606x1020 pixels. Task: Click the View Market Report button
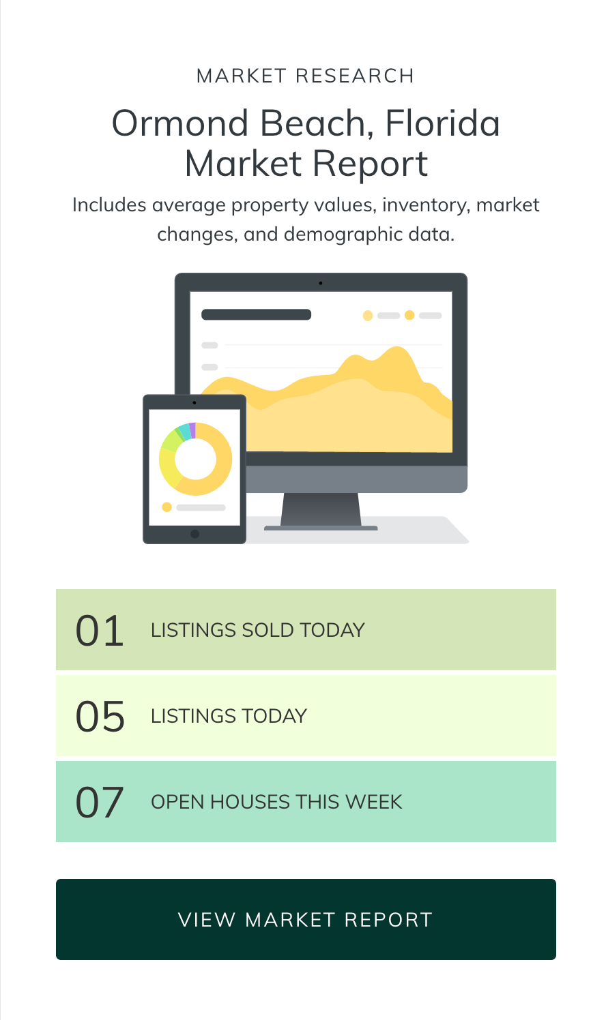[x=306, y=919]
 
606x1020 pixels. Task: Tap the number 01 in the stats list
[x=100, y=631]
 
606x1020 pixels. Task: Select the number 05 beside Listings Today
[x=100, y=717]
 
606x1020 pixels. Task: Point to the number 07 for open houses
[x=100, y=802]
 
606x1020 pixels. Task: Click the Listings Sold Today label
[x=257, y=630]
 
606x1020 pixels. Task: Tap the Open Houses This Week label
[x=276, y=802]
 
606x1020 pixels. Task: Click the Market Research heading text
[x=305, y=76]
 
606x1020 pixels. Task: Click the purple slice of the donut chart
[x=192, y=430]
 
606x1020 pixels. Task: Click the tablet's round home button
[x=194, y=534]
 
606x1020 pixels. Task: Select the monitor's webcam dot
[x=321, y=283]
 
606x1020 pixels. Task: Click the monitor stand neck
[x=321, y=509]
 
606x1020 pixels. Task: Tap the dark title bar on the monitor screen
[x=256, y=314]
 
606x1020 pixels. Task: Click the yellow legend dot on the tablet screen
[x=167, y=507]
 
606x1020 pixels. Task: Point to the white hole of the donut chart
[x=195, y=459]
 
